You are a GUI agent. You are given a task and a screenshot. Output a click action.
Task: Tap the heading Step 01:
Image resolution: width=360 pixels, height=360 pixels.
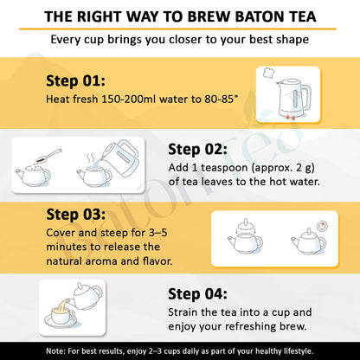(x=75, y=80)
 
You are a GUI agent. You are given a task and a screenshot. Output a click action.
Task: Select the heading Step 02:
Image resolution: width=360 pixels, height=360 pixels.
(x=197, y=150)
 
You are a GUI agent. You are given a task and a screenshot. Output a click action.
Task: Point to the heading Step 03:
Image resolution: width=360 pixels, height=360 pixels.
(x=76, y=215)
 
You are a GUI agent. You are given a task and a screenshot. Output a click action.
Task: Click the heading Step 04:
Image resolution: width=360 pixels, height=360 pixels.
(x=197, y=294)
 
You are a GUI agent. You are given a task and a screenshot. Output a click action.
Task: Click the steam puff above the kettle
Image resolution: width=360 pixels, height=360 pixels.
(x=268, y=73)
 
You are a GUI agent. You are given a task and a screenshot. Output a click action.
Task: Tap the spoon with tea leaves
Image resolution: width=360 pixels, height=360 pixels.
(x=48, y=156)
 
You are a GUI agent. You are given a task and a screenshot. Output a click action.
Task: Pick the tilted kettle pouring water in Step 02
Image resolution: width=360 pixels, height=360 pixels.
(x=122, y=158)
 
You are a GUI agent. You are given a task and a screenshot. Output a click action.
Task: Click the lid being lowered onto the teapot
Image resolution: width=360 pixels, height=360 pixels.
(x=246, y=225)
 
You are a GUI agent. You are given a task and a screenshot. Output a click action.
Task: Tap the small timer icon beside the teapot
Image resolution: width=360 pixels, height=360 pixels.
(x=322, y=227)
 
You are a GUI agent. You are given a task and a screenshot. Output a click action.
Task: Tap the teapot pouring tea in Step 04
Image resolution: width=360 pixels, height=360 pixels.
(x=86, y=297)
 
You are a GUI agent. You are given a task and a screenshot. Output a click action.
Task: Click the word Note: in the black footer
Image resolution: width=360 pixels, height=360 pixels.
(x=55, y=351)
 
